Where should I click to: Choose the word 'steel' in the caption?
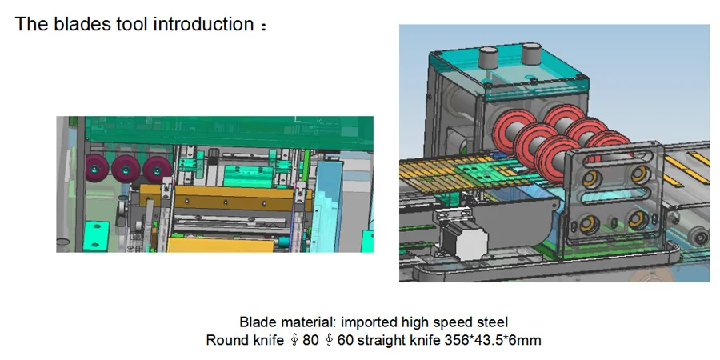pos(490,323)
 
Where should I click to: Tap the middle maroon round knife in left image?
pos(126,169)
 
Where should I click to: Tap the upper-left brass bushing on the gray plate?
pos(594,174)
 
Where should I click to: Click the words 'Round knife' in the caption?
pos(238,340)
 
